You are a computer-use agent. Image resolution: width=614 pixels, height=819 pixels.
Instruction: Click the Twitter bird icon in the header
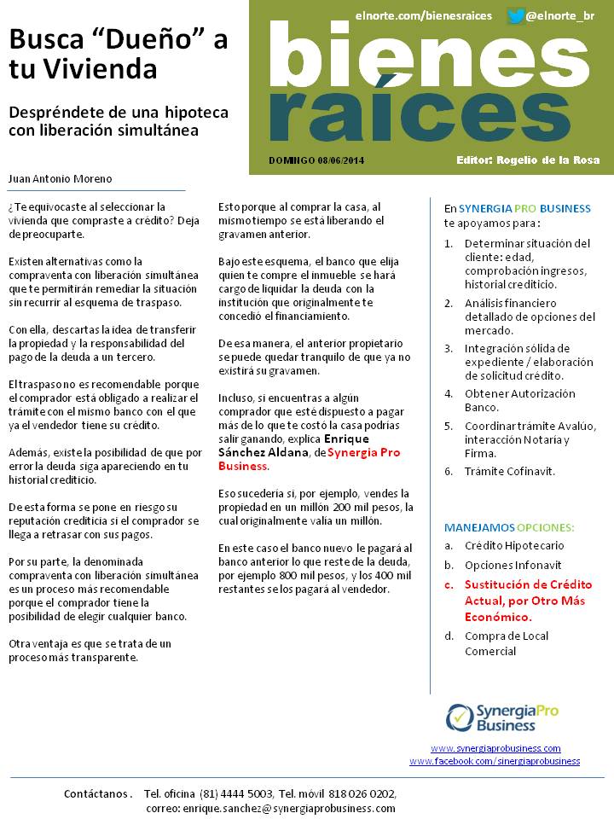click(515, 16)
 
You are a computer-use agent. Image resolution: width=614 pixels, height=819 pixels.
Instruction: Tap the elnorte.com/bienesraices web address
click(424, 16)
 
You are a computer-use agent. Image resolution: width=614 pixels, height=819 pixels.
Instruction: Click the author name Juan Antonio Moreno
click(60, 179)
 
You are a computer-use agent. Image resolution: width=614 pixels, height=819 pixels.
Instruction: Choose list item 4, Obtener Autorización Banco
click(519, 400)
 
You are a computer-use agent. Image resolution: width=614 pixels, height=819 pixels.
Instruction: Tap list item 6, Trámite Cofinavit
click(509, 471)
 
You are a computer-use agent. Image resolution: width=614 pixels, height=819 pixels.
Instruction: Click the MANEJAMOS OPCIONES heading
click(509, 527)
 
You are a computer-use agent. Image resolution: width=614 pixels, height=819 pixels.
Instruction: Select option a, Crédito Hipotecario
click(514, 545)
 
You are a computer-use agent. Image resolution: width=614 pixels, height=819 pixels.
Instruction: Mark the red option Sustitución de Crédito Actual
click(527, 601)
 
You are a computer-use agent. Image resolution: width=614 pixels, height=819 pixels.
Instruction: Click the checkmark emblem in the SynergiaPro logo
click(460, 717)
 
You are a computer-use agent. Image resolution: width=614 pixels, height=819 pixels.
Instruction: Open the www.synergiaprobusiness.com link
click(495, 748)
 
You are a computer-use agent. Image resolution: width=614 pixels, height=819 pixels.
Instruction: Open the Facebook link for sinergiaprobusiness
click(495, 761)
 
